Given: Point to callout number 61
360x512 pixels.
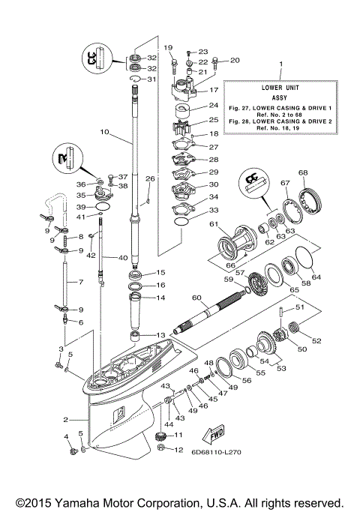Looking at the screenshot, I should coord(212,224).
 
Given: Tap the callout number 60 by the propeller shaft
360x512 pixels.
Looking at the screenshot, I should coord(196,298).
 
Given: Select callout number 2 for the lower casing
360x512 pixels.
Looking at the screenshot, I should coord(66,419).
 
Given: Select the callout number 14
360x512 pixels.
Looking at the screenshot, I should coord(160,298).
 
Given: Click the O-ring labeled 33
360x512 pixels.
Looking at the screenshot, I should coord(181,222).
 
